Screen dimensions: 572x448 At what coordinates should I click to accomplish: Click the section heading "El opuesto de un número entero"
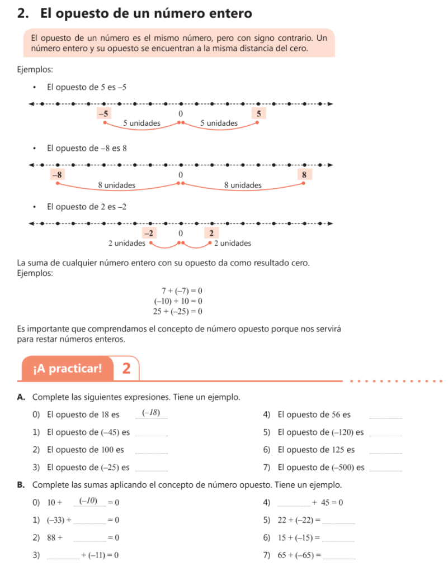click(x=134, y=13)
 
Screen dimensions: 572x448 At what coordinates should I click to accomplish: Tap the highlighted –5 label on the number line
click(x=103, y=113)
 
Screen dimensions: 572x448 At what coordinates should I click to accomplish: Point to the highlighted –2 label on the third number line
click(x=149, y=232)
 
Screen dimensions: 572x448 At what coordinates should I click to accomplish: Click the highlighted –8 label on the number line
click(x=57, y=174)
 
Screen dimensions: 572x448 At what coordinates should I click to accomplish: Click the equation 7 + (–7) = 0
click(x=181, y=291)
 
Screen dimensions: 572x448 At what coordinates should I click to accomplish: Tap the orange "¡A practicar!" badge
click(x=68, y=368)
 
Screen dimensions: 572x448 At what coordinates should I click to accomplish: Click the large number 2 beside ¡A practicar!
click(x=126, y=368)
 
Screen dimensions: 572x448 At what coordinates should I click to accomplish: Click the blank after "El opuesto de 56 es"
click(x=386, y=416)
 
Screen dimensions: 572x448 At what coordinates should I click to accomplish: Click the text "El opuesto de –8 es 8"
click(x=87, y=148)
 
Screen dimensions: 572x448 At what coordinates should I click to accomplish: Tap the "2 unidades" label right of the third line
click(x=233, y=244)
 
